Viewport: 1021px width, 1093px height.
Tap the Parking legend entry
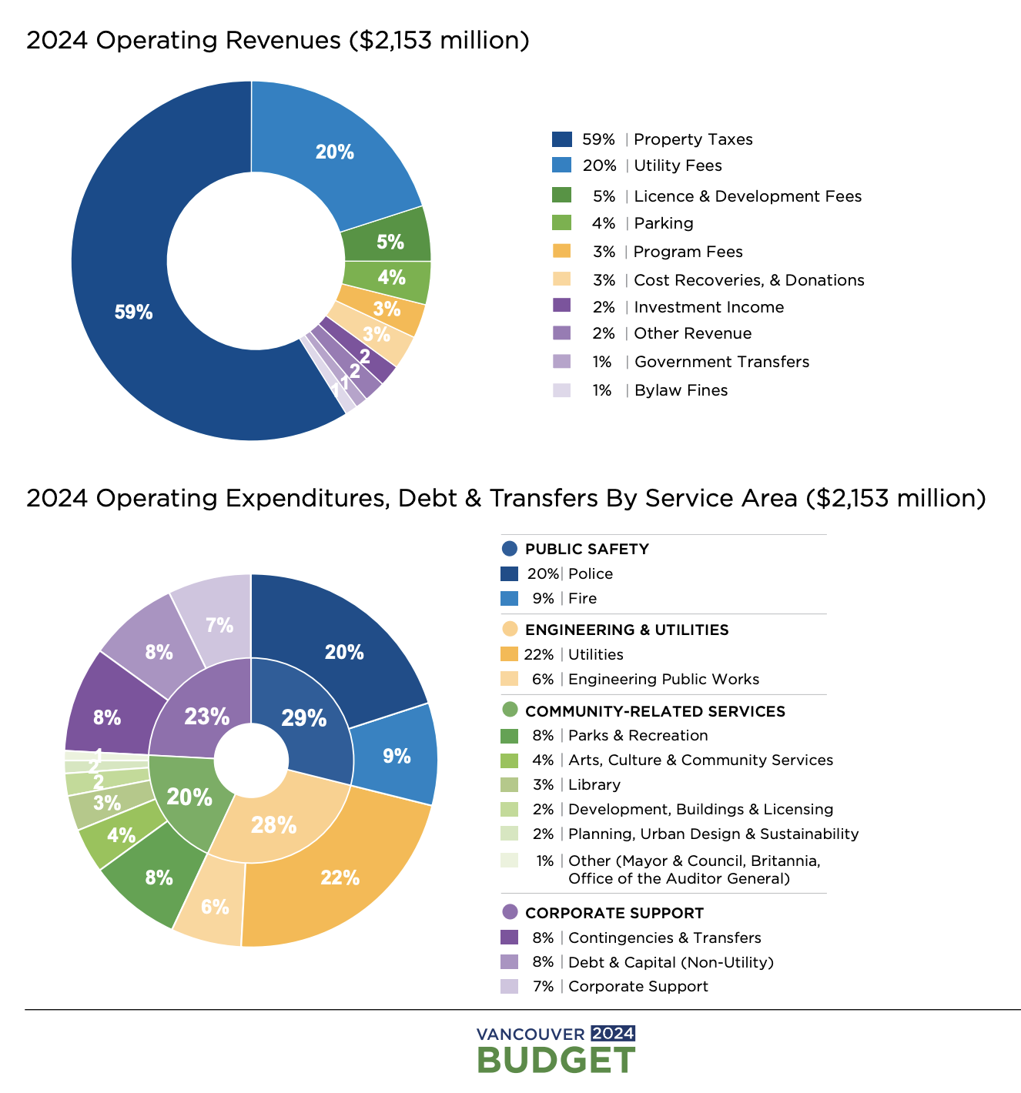tap(663, 223)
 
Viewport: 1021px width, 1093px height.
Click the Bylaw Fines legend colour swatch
tap(562, 390)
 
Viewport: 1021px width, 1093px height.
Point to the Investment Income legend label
tap(708, 307)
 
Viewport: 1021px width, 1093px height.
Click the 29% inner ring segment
tap(304, 717)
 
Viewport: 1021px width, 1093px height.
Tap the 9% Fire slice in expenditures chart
tap(397, 756)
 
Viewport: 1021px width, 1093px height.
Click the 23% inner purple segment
tap(206, 716)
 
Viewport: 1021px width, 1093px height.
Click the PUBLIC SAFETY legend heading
tap(587, 549)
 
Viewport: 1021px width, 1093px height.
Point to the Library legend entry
tap(594, 784)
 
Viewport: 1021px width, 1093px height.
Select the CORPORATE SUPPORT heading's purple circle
tap(509, 913)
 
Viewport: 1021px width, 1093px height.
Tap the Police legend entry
tap(590, 573)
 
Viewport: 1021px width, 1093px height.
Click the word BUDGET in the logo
tap(556, 1060)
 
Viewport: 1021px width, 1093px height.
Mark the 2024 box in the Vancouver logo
tap(613, 1033)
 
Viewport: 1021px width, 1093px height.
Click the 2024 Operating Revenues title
tap(277, 40)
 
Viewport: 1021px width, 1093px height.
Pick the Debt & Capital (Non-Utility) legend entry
tap(670, 962)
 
